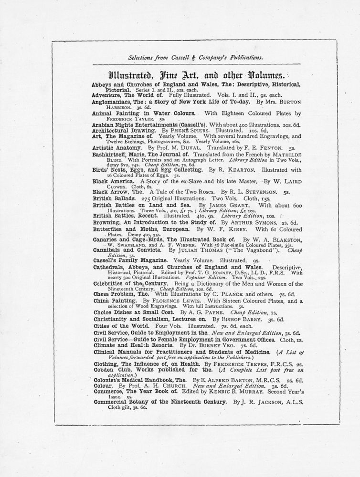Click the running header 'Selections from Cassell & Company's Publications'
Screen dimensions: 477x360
tap(196, 58)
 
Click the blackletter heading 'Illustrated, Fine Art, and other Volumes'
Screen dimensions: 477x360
tap(196, 75)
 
